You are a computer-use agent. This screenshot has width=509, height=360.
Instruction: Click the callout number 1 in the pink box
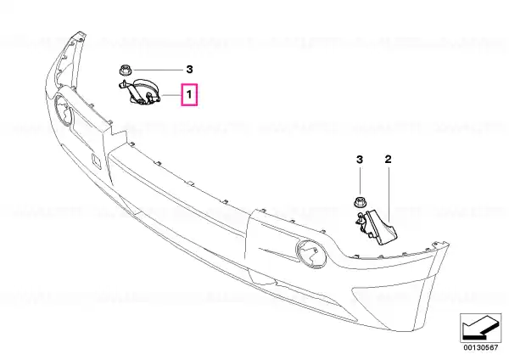(x=189, y=95)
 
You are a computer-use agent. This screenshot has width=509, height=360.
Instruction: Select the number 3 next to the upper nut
(x=189, y=70)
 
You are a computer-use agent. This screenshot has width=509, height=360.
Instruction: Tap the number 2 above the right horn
(x=388, y=160)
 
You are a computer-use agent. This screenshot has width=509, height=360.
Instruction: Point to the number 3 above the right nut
(x=360, y=160)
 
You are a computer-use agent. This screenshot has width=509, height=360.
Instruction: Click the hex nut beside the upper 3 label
(x=126, y=70)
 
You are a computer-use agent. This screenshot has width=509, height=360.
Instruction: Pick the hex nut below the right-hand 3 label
(x=360, y=202)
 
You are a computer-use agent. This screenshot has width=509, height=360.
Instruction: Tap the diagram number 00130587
(x=480, y=347)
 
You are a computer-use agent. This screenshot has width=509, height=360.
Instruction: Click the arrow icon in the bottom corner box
(x=480, y=327)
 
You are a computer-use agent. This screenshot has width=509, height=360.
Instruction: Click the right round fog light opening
(x=310, y=254)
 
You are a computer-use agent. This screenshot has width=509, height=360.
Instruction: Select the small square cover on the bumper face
(x=97, y=161)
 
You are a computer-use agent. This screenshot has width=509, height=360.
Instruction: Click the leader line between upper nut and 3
(x=158, y=70)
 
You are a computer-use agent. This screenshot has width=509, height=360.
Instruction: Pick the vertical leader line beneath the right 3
(x=360, y=181)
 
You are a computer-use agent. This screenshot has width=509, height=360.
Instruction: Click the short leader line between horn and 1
(x=171, y=95)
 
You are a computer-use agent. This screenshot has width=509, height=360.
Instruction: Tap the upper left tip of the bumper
(x=80, y=32)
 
